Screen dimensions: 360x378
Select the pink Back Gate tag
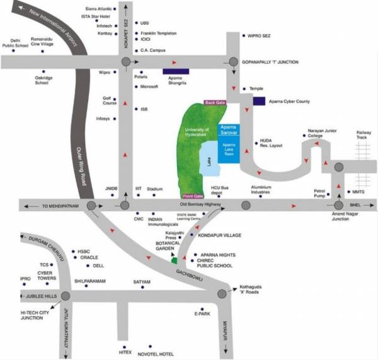click(x=215, y=102)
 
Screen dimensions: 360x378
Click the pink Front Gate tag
click(x=193, y=196)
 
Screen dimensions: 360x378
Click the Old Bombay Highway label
click(x=201, y=205)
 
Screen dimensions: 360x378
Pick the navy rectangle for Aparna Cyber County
click(x=259, y=101)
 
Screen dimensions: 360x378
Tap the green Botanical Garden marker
click(x=175, y=260)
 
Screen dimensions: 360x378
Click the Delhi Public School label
click(x=16, y=42)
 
